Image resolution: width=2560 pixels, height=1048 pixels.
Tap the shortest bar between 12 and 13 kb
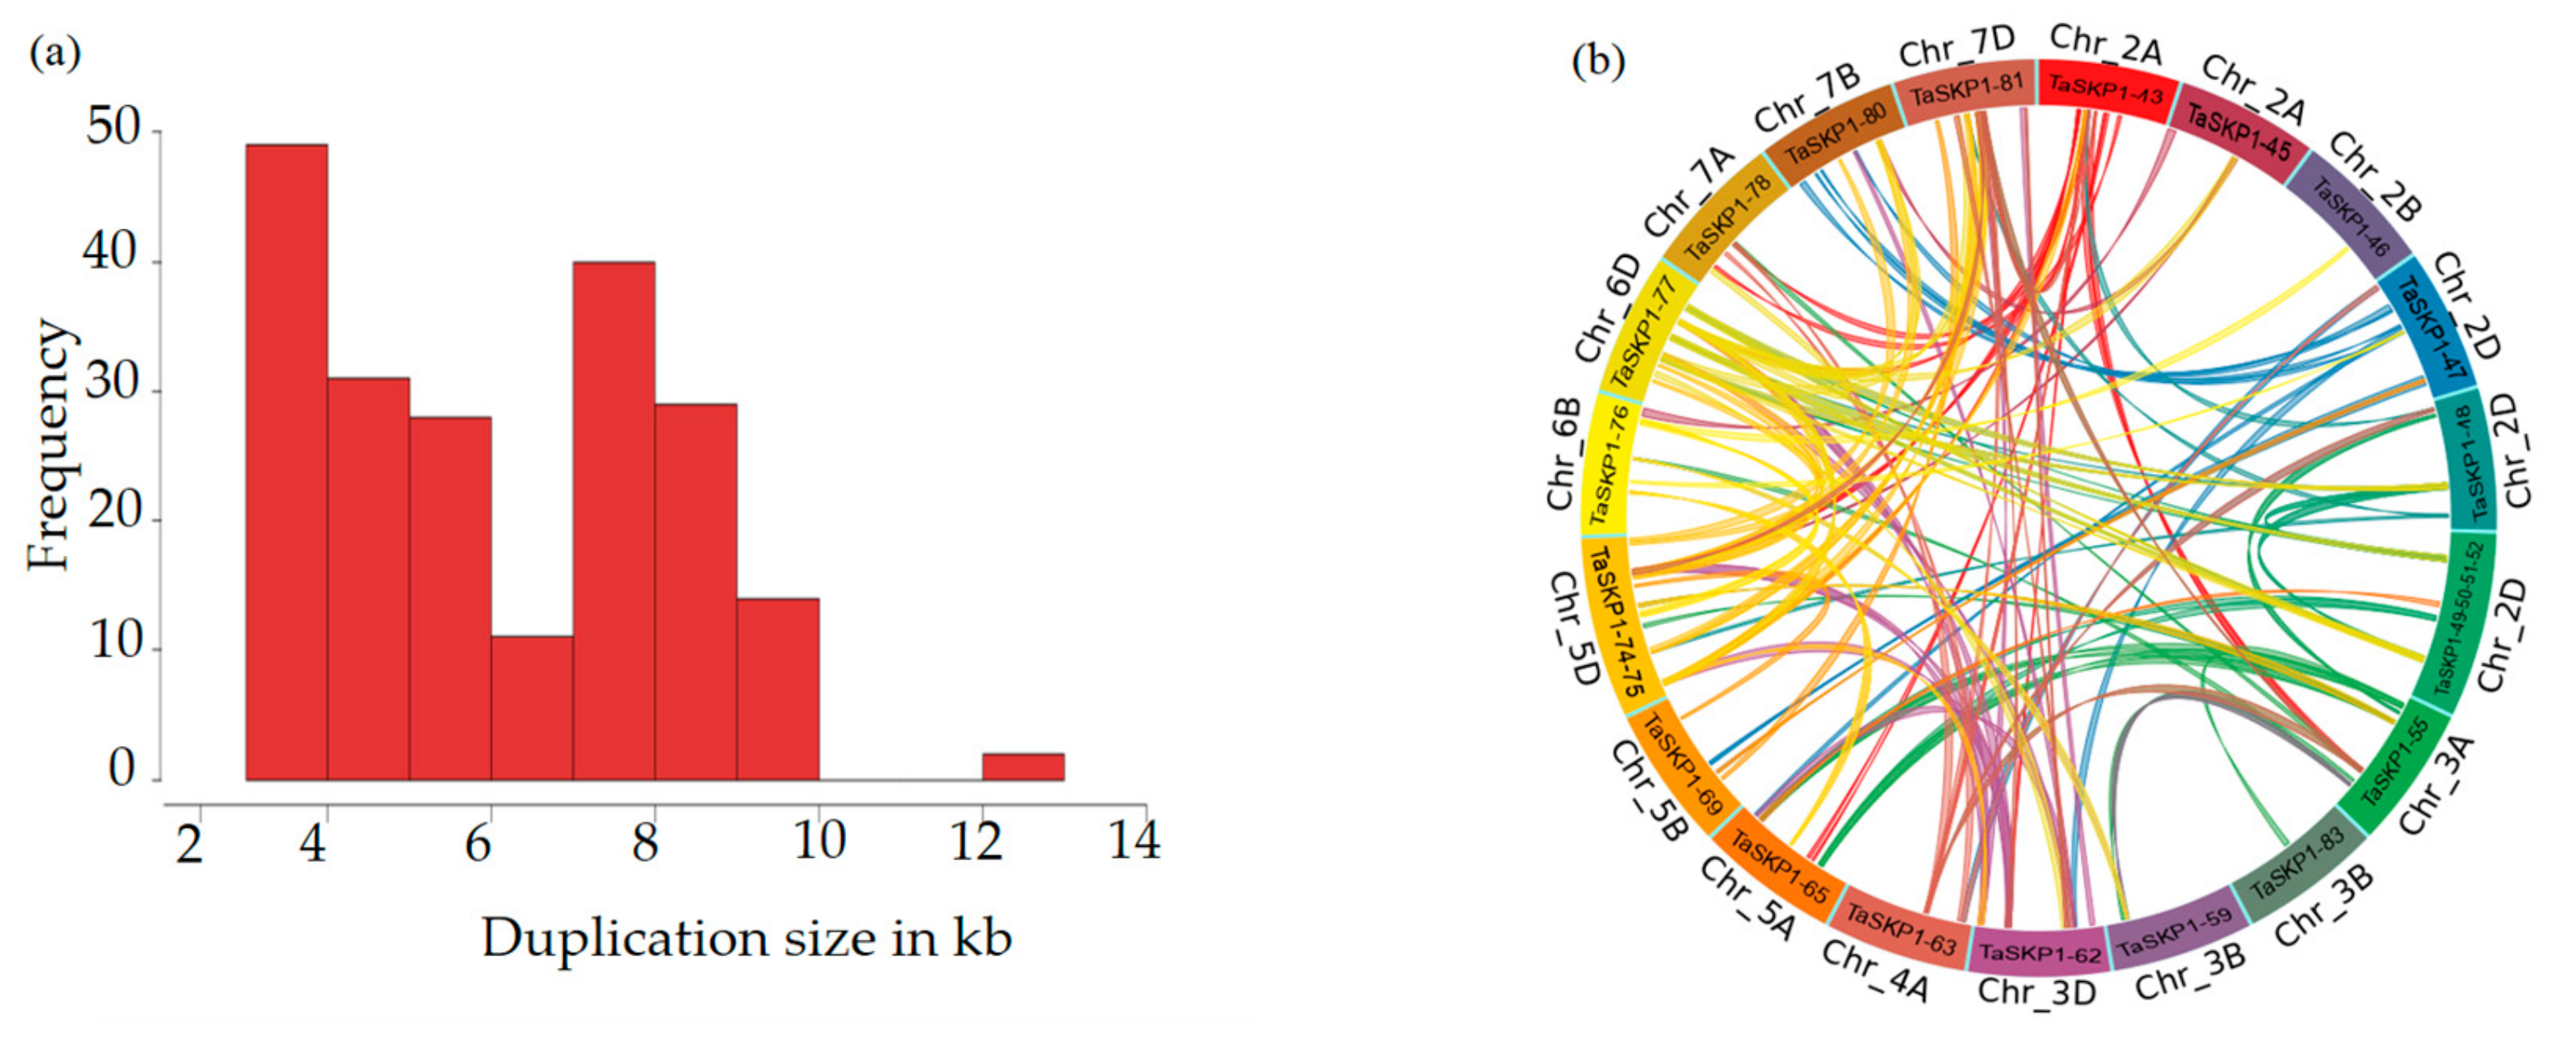[1023, 766]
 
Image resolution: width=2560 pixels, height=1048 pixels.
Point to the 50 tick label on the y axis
[111, 128]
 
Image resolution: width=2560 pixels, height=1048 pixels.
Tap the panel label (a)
[56, 53]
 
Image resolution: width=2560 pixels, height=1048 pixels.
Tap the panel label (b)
[1598, 61]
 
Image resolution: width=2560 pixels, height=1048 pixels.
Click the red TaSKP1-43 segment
[2106, 93]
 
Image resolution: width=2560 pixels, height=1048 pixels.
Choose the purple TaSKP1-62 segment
[2039, 952]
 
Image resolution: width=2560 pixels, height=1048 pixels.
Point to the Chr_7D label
[1955, 46]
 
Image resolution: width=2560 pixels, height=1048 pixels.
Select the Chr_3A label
[2435, 785]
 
